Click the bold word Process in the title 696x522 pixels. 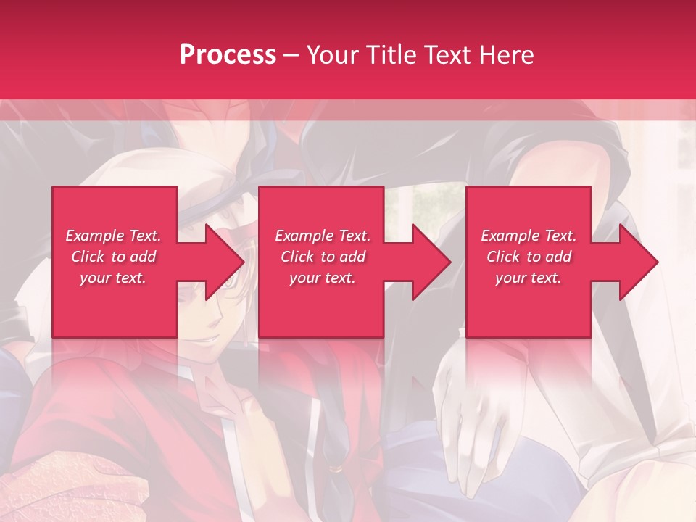point(228,55)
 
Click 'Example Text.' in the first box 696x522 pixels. point(113,236)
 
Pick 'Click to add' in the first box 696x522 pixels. point(113,257)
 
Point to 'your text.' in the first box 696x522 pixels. point(113,278)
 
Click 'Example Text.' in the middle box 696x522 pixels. point(323,236)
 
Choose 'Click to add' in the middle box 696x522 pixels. point(323,257)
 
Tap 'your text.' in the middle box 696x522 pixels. point(323,278)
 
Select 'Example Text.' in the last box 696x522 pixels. point(529,236)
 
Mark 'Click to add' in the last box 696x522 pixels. point(529,257)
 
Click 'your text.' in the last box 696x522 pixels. point(529,278)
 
